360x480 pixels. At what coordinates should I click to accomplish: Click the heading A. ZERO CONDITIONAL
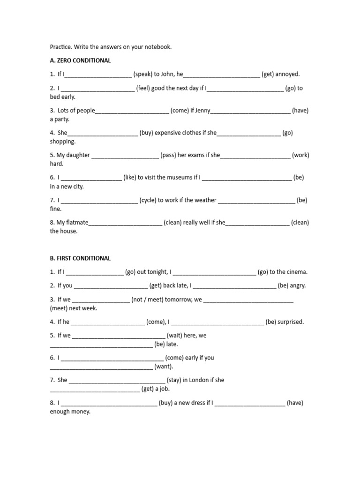click(x=80, y=60)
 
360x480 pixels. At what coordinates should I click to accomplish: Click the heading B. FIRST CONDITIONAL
click(x=80, y=258)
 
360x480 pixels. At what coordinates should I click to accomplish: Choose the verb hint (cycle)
click(x=148, y=200)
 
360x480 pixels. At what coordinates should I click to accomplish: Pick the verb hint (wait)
click(x=176, y=336)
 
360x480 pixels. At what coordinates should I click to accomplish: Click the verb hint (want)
click(x=164, y=367)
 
